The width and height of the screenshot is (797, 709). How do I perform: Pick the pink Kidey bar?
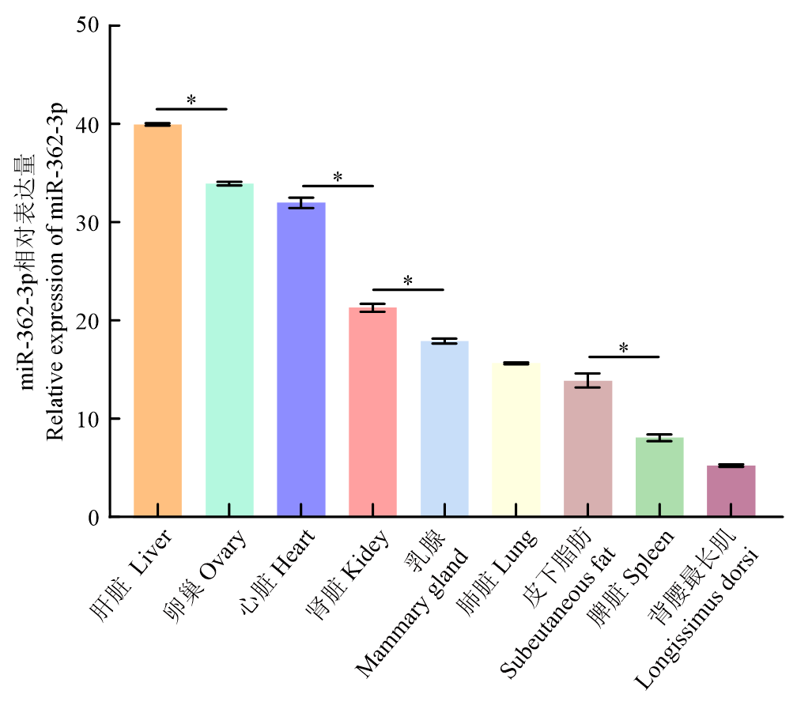tap(372, 412)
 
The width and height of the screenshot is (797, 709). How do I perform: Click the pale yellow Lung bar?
tap(516, 439)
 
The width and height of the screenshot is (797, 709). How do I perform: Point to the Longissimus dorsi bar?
tap(731, 491)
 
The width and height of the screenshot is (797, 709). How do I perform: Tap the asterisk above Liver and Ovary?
tap(191, 100)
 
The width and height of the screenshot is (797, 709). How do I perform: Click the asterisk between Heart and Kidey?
tap(338, 178)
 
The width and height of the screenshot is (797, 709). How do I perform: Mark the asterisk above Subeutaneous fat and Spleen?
tap(623, 349)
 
